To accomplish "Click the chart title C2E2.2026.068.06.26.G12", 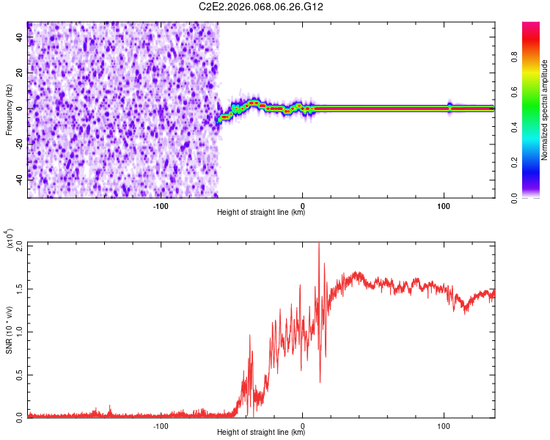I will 262,7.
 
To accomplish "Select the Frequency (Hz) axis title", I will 8,109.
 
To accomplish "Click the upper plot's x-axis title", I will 261,212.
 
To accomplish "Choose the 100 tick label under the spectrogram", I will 444,205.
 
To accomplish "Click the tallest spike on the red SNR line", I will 318,246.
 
